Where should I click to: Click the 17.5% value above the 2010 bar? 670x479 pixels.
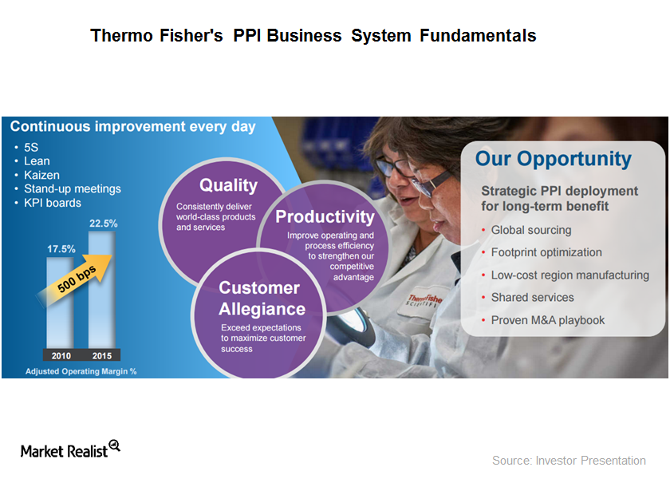(61, 248)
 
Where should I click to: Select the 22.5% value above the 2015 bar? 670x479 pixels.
(104, 224)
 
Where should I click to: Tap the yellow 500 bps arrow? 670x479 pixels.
(77, 275)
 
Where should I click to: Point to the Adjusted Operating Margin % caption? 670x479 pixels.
(81, 371)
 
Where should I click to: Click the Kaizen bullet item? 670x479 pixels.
(41, 175)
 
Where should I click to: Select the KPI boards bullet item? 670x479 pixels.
(53, 203)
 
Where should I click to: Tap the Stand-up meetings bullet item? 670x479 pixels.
(73, 189)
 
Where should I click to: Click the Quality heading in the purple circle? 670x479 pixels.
(228, 185)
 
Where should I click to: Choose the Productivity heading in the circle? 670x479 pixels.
(325, 216)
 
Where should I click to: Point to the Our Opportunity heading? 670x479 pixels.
(553, 158)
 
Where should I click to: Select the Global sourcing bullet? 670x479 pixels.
(530, 230)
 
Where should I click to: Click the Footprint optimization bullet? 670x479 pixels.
(546, 252)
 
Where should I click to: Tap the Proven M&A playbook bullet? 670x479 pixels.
(547, 320)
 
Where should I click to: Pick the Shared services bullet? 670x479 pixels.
(532, 297)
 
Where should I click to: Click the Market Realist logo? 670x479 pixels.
(70, 449)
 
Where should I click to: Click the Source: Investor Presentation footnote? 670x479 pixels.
(569, 461)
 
